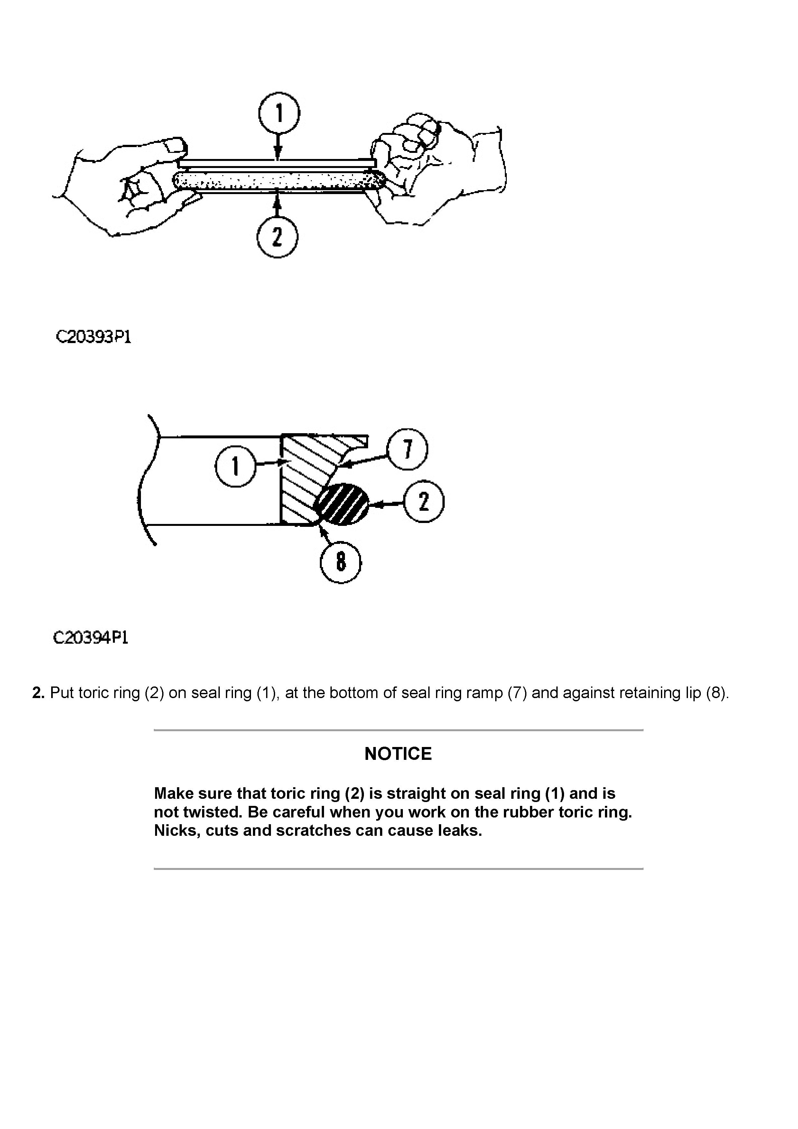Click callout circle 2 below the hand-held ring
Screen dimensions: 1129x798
(x=277, y=237)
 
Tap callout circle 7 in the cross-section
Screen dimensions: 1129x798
(x=407, y=449)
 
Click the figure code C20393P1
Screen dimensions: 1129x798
(x=93, y=337)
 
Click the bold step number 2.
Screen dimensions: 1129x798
(x=38, y=693)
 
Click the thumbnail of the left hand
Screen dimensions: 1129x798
(x=174, y=145)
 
